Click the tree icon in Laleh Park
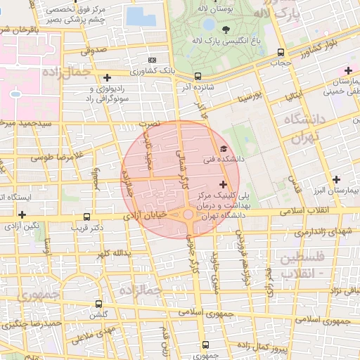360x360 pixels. tap(226, 30)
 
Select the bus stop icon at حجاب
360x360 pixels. tap(281, 52)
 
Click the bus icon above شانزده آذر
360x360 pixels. tap(198, 76)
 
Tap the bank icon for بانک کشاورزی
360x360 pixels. tap(154, 60)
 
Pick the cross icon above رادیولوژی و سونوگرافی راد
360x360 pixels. tap(107, 77)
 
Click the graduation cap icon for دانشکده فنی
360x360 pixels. tap(224, 148)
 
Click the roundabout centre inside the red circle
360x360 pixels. tap(188, 214)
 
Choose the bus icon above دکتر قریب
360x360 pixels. tap(86, 217)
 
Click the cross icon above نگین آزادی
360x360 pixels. tap(22, 214)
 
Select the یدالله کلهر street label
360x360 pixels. tap(112, 253)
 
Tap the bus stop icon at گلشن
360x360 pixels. tap(98, 304)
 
